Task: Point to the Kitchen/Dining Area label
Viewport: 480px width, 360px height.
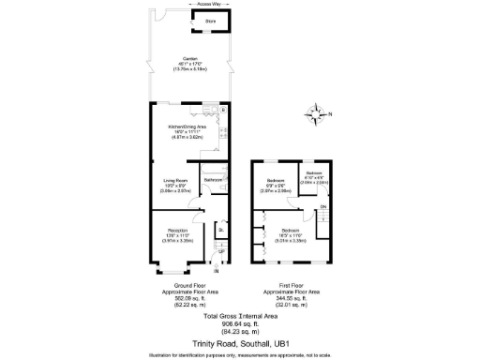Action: coord(187,127)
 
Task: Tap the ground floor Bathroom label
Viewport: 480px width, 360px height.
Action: coord(213,180)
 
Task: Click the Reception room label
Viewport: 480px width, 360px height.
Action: coord(178,230)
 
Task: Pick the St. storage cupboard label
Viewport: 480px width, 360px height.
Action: coord(221,231)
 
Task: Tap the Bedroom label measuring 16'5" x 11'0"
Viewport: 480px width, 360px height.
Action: coord(290,230)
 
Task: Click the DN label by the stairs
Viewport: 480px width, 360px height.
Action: coord(323,207)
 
